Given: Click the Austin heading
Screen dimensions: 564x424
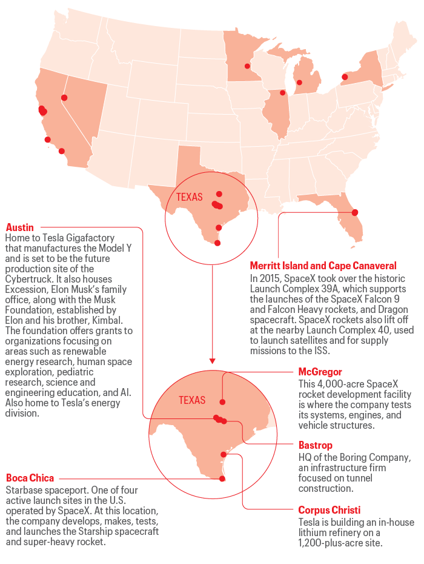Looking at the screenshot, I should (19, 227).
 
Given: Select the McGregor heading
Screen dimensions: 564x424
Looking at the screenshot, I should (320, 372).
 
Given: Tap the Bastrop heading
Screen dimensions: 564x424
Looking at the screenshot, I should (316, 445).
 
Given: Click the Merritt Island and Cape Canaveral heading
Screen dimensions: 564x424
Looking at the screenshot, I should (323, 266).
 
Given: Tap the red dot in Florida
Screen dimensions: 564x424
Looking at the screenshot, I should (355, 212).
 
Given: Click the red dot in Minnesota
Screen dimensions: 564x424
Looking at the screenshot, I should (247, 66).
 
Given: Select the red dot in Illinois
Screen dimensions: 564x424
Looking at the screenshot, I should (282, 93).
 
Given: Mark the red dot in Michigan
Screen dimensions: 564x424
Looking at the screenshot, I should (299, 82).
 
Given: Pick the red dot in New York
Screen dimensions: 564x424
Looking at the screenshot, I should (345, 77).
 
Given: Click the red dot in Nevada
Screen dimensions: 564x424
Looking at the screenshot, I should (65, 97).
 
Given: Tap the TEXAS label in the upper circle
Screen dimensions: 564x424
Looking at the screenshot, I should (189, 197).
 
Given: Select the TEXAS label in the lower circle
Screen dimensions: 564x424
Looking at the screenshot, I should (192, 400).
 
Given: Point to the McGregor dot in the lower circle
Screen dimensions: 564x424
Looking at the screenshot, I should (222, 401).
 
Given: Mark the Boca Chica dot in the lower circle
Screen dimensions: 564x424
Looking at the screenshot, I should (222, 478).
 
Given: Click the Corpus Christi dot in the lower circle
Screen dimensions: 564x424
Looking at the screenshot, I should (224, 454).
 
